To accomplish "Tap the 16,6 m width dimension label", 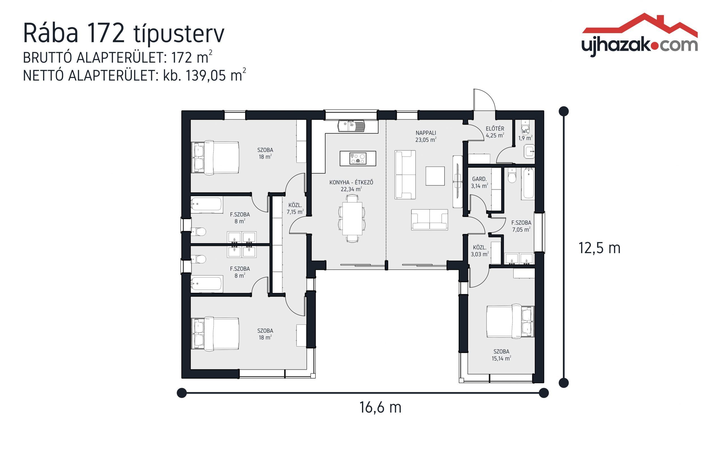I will coord(380,407).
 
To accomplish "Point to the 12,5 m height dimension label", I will coord(599,248).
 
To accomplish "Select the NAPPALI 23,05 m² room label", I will coord(425,136).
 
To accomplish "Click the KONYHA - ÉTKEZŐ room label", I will coord(351,185).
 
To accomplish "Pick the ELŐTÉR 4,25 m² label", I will coord(495,132).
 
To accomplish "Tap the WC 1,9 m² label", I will coord(525,134).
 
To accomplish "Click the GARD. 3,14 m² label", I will coord(479,182).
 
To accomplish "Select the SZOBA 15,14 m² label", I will coord(501,355).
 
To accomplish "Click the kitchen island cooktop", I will coord(358,159).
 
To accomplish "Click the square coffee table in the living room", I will coord(435,176).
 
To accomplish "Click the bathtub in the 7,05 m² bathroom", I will coord(528,183).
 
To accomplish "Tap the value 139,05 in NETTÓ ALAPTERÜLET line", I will coord(205,76).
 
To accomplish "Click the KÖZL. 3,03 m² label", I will coord(480,251).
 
